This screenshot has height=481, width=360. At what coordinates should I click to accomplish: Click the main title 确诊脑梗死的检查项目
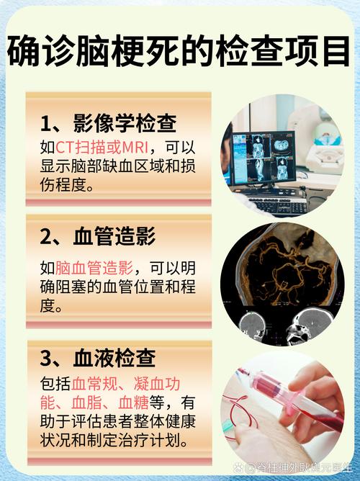click(x=180, y=52)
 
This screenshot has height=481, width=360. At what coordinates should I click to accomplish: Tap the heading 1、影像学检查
click(x=109, y=123)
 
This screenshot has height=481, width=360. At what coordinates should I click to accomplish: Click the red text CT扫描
click(x=81, y=148)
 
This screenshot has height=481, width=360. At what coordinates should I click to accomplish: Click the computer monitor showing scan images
click(x=269, y=156)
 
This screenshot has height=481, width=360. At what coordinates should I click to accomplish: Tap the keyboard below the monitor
click(x=277, y=204)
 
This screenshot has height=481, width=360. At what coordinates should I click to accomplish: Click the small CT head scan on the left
click(x=254, y=323)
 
